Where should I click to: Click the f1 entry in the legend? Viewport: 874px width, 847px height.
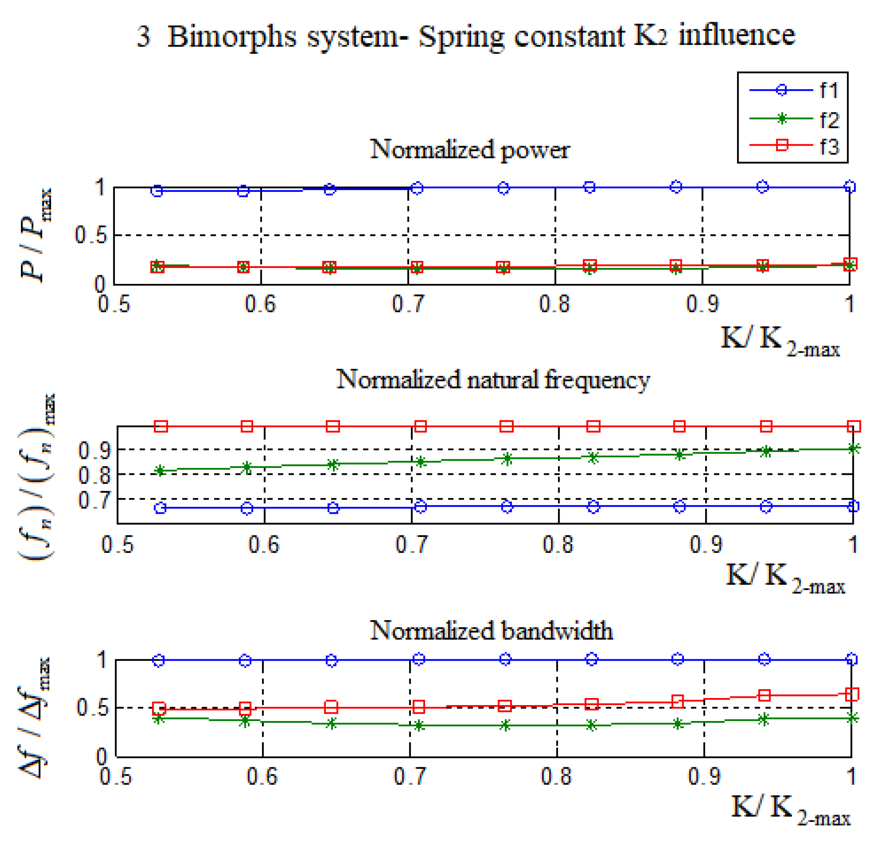click(x=829, y=90)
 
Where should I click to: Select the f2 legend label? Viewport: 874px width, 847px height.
click(x=829, y=119)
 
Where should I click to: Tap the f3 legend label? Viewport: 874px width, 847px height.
click(x=829, y=146)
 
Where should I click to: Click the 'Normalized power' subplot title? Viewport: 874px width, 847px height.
click(x=470, y=149)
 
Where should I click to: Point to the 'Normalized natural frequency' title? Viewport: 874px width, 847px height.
click(x=493, y=380)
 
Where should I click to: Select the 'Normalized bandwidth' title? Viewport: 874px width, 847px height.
click(x=491, y=631)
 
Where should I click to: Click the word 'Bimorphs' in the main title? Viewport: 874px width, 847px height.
click(x=232, y=36)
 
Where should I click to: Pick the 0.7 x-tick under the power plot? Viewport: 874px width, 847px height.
click(x=408, y=304)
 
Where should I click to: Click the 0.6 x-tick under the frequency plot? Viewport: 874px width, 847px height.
click(x=264, y=545)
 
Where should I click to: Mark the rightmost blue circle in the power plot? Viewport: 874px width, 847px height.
click(x=850, y=187)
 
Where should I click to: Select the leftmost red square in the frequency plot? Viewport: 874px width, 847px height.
click(x=161, y=427)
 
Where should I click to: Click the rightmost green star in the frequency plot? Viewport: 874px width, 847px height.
click(x=854, y=449)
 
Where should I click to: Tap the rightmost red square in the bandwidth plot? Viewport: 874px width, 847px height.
click(x=852, y=694)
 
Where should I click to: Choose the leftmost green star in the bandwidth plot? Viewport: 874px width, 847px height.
click(x=158, y=719)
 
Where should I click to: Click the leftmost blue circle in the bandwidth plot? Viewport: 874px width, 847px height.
click(x=159, y=661)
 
